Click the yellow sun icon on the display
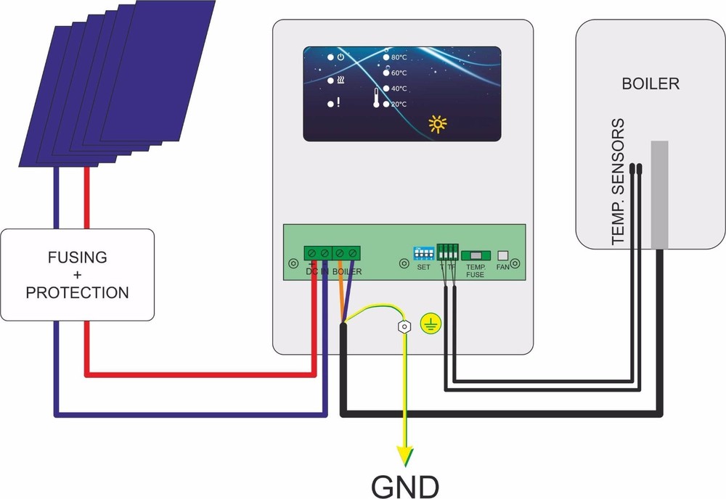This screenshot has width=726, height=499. pos(438,124)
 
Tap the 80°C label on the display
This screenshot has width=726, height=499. pos(399,57)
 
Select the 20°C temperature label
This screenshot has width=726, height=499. pos(399,104)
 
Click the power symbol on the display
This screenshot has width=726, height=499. pos(340,57)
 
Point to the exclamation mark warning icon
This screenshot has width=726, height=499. pos(338,103)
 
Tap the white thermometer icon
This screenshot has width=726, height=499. pos(377,98)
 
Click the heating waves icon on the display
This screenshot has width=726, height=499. pos(340,81)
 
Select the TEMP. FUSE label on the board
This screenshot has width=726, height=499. pos(476,271)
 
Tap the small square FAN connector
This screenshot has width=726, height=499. pos(502,255)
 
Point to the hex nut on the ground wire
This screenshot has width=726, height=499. pos(403,327)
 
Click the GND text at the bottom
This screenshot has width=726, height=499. pos(405,484)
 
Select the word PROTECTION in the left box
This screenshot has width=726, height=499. pos(77,292)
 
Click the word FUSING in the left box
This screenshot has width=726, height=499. pos(77,257)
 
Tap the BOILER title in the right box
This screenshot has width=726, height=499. pos(650,84)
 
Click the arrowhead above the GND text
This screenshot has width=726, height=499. pos(405,456)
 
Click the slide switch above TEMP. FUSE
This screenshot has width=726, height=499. pos(476,255)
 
